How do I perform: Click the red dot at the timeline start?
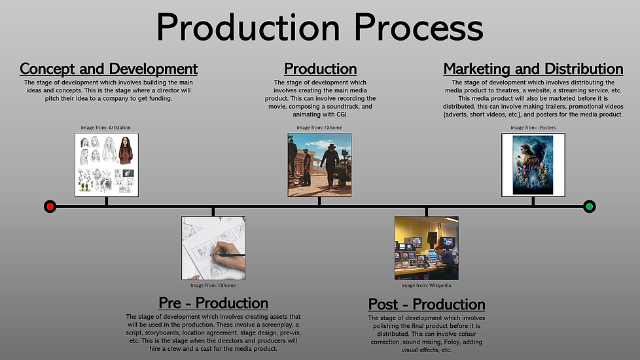[50, 207]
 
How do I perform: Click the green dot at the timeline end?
[589, 207]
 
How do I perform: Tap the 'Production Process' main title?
[319, 27]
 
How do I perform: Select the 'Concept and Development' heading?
[109, 69]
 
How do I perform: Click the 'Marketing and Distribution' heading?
[533, 69]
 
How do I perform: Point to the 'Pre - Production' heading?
[213, 303]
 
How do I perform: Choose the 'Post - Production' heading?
[427, 304]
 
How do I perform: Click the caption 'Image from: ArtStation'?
[106, 128]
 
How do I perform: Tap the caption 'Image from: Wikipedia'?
[426, 285]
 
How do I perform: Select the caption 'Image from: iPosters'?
[533, 128]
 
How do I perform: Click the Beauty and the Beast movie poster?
[533, 165]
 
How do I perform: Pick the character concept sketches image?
[107, 165]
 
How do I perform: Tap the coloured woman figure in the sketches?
[126, 150]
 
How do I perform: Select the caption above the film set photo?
[319, 128]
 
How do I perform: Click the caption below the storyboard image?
[213, 285]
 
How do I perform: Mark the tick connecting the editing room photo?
[426, 212]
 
